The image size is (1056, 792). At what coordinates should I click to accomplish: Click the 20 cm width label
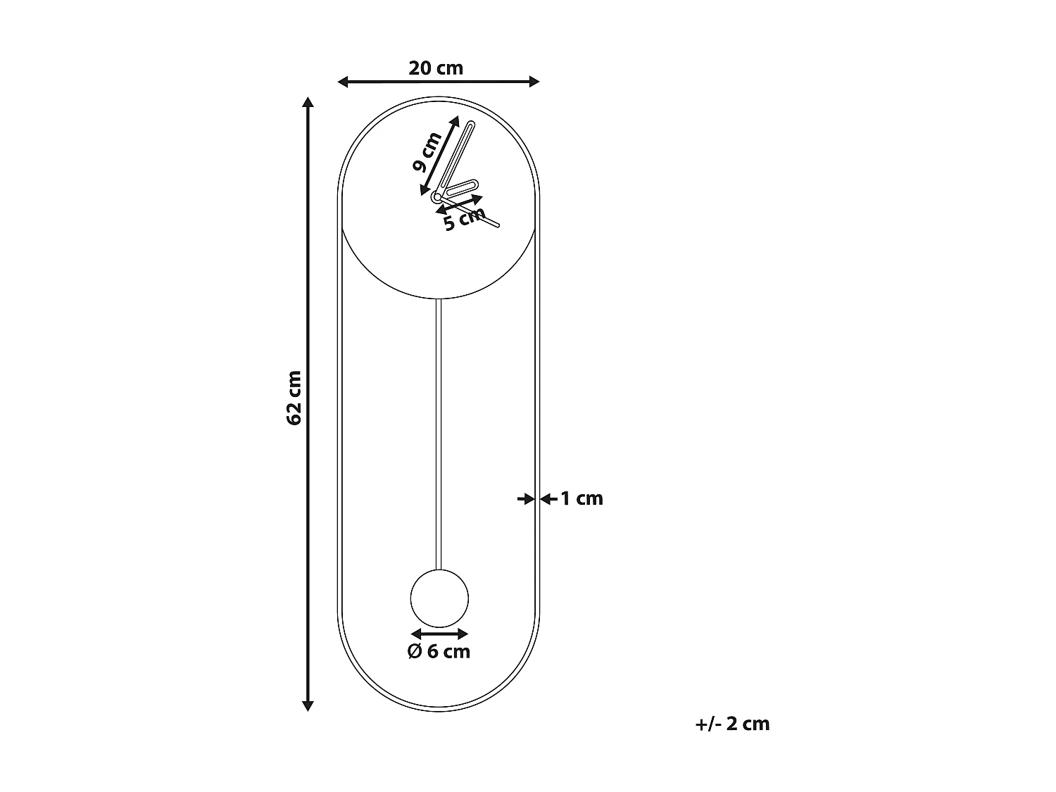coord(436,68)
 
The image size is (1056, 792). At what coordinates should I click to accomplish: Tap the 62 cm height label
coord(294,398)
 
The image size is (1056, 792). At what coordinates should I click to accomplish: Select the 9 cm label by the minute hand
coord(427,151)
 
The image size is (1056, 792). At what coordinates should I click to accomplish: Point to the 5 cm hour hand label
coord(464,219)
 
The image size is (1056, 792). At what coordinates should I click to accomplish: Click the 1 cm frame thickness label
coord(582,498)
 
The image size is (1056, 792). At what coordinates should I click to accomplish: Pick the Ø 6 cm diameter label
coord(439,651)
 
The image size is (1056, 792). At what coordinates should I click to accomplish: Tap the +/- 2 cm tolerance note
coord(732,724)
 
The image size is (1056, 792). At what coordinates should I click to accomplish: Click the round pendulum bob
coord(439,598)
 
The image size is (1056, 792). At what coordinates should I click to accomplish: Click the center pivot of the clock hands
coord(437,197)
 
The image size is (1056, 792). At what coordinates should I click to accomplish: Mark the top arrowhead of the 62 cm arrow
coord(308,102)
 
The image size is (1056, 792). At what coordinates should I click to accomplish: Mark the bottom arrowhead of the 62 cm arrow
coord(308,705)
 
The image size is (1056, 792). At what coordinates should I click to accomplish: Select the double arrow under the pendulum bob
coord(439,634)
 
